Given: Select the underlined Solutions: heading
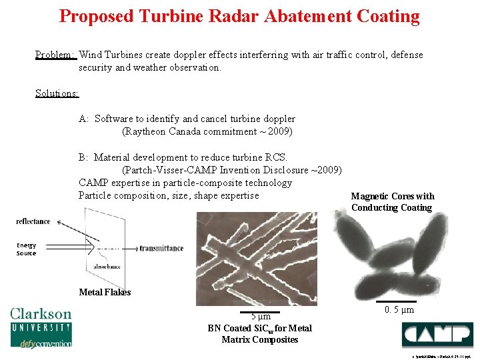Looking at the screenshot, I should click(57, 93).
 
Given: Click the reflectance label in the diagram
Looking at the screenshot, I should click(33, 221).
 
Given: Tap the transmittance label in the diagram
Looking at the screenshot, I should click(161, 249).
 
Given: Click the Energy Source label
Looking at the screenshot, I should click(27, 249).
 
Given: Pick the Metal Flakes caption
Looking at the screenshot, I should click(105, 292).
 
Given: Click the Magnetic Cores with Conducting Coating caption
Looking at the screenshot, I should click(392, 202).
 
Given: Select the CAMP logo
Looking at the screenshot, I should click(437, 334).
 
